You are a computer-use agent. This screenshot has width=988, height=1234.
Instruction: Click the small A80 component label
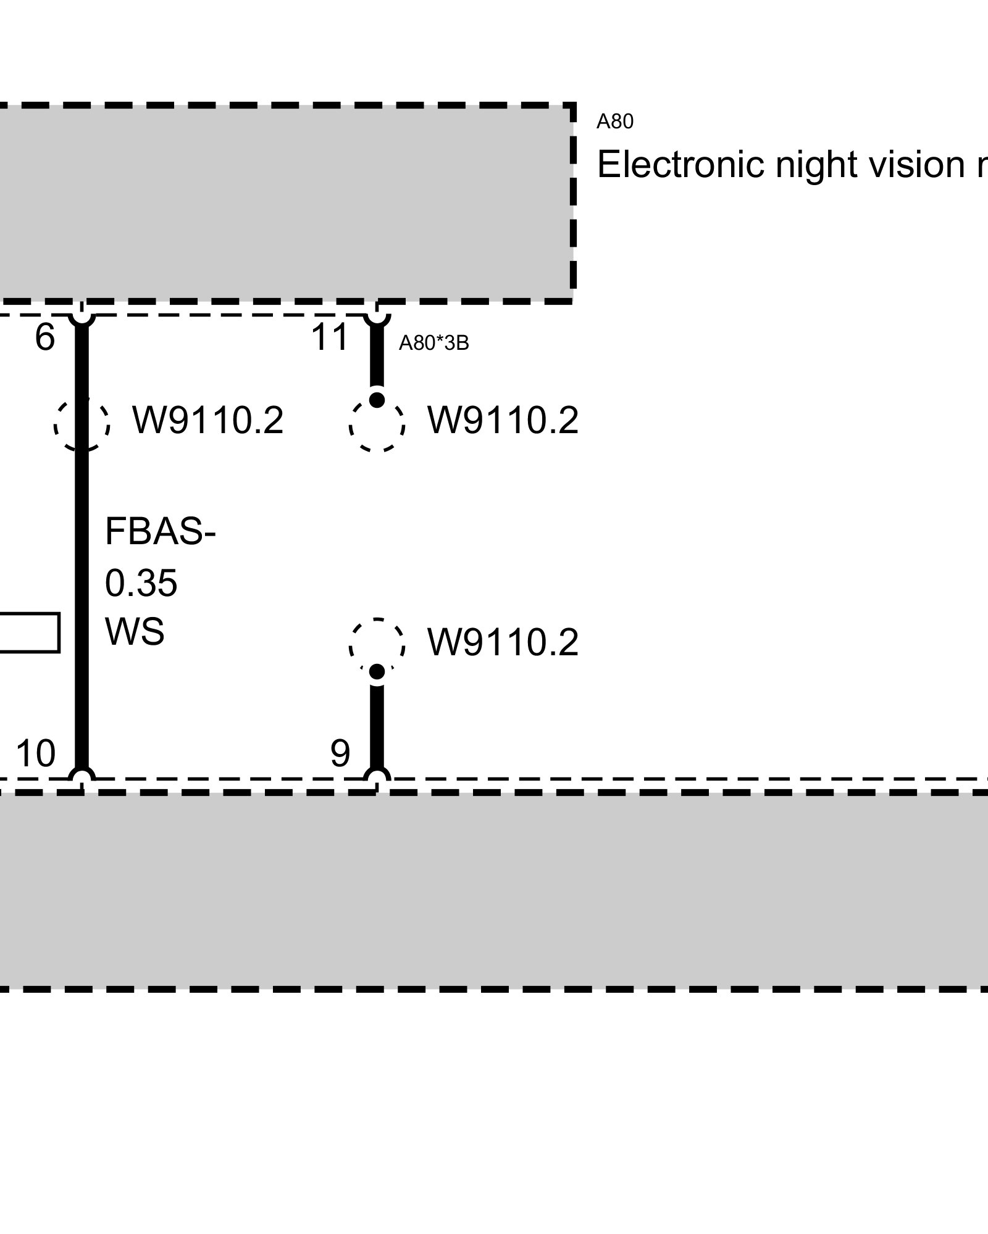pyautogui.click(x=614, y=122)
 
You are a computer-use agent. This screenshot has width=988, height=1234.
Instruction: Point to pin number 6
pyautogui.click(x=44, y=337)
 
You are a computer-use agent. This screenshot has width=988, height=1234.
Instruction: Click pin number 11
pyautogui.click(x=330, y=337)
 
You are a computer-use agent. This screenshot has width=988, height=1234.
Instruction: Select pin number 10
pyautogui.click(x=35, y=753)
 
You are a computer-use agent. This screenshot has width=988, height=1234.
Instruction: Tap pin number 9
pyautogui.click(x=340, y=753)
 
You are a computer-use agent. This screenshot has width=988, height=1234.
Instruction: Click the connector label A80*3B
pyautogui.click(x=433, y=343)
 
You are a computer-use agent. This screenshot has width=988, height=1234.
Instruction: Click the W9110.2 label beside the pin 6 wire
pyautogui.click(x=207, y=421)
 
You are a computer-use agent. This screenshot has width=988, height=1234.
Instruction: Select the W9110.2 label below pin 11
pyautogui.click(x=503, y=421)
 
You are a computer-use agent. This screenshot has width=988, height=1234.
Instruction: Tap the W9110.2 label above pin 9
pyautogui.click(x=503, y=643)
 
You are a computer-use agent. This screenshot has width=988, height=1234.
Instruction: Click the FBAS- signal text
pyautogui.click(x=160, y=532)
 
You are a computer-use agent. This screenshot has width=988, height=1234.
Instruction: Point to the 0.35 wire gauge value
pyautogui.click(x=141, y=583)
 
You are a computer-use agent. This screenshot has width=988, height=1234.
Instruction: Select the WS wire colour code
pyautogui.click(x=135, y=632)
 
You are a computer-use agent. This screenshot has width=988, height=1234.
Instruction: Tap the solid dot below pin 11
pyautogui.click(x=377, y=400)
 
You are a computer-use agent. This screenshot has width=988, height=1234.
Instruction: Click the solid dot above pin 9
pyautogui.click(x=377, y=671)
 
